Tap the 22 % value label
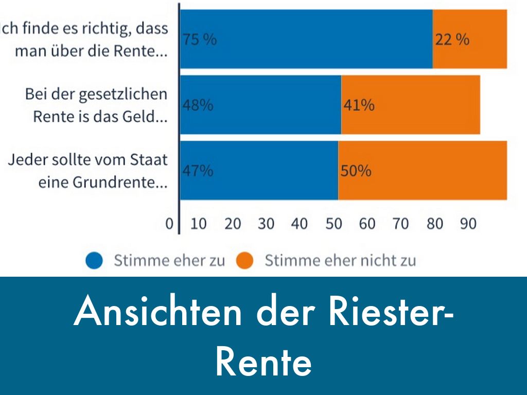point(452,40)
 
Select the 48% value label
point(198,105)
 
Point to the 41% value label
point(359,105)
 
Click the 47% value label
point(198,171)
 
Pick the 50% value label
point(356,171)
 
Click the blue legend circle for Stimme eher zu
point(94,261)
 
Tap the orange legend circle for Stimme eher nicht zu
point(245,261)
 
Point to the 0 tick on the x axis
point(169,224)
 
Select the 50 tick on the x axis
point(333,224)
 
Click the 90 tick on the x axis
point(468,224)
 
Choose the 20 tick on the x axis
point(233,224)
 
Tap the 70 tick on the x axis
point(400,224)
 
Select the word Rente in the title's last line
point(263,362)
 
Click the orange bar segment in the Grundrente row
point(422,171)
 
